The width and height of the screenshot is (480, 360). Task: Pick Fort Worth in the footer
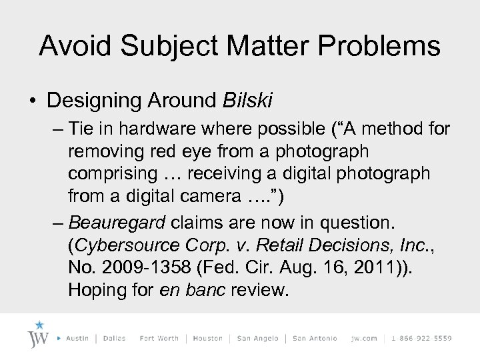point(159,339)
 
